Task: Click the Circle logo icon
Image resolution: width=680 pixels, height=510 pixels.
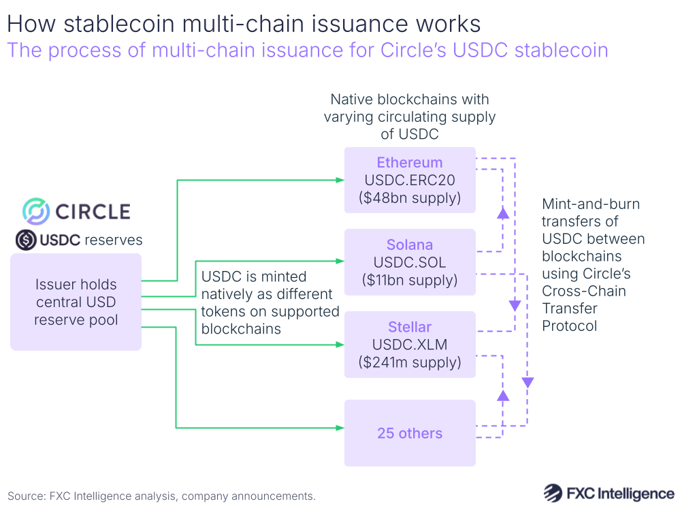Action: tap(35, 211)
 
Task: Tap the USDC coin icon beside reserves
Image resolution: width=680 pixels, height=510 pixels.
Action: tap(26, 240)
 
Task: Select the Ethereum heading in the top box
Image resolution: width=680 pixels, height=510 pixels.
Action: tap(410, 163)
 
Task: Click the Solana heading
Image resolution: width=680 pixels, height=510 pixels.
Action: tap(410, 244)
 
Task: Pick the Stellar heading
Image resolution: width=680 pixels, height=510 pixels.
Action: tap(410, 327)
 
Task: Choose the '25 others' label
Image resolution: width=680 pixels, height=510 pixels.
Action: tap(410, 433)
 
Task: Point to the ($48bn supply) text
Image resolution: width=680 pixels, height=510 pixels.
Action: tap(410, 198)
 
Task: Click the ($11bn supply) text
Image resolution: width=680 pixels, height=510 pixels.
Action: tap(410, 280)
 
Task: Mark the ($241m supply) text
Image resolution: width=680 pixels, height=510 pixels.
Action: tap(410, 362)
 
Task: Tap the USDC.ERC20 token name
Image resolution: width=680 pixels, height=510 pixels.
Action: tap(410, 180)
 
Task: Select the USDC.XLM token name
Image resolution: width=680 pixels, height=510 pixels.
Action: tap(410, 345)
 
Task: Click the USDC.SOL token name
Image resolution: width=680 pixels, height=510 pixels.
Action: tap(410, 262)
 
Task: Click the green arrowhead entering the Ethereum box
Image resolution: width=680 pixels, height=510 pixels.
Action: tap(340, 180)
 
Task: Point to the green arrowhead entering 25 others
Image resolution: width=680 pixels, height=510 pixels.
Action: tap(340, 428)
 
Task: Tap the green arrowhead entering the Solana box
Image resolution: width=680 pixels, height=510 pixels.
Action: tap(340, 261)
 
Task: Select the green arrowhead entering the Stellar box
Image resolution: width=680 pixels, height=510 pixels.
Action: tap(340, 345)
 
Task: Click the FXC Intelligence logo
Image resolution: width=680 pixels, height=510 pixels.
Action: tap(609, 493)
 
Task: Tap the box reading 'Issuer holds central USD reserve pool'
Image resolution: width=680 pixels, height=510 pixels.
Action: tap(76, 302)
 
